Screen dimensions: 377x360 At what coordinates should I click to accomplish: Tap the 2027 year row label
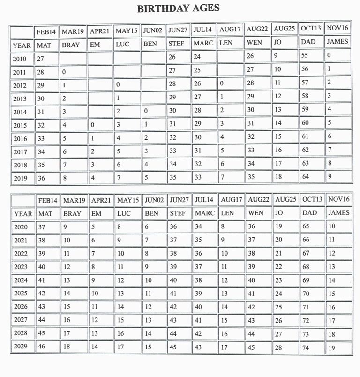click(x=21, y=320)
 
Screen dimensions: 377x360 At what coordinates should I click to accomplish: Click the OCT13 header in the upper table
click(x=311, y=29)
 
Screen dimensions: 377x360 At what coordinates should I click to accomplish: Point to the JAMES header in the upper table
click(x=337, y=42)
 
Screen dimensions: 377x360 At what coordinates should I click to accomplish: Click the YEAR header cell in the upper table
click(x=22, y=45)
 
